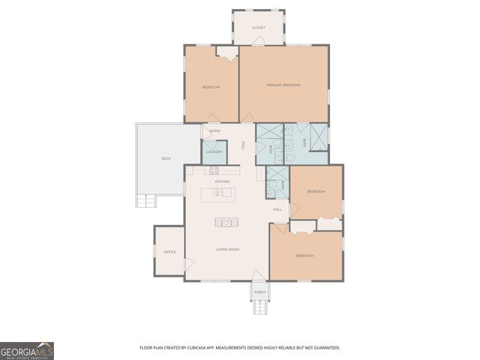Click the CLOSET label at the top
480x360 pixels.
pos(258,28)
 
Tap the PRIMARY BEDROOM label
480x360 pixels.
pos(283,85)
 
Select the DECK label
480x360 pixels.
pos(166,158)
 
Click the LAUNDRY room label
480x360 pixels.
pos(213,151)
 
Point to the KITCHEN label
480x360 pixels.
pos(222,181)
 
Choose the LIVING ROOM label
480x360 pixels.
pos(227,249)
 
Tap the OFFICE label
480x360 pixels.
pos(169,252)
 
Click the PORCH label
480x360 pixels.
pos(259,292)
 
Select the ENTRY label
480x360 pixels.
pos(215,132)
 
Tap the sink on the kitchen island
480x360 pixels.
pos(217,193)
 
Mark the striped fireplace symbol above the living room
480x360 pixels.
pos(226,222)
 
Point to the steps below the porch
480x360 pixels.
pos(259,307)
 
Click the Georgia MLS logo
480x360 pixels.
pos(27,350)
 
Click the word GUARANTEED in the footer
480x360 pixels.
pos(325,348)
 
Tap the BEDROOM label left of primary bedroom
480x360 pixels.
pos(211,88)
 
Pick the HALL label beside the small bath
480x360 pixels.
pos(277,209)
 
